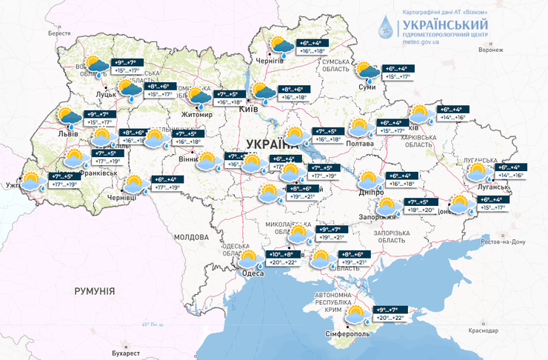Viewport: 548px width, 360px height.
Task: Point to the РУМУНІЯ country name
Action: [94, 291]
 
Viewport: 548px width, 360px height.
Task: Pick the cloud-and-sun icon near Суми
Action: [367, 71]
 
